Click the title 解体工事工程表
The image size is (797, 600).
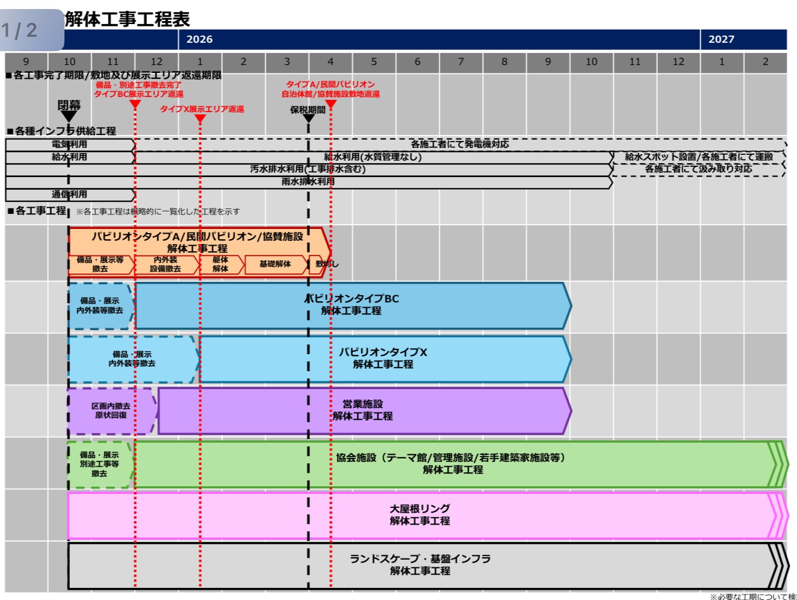point(127,19)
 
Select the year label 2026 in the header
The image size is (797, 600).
point(199,39)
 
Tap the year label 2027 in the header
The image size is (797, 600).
point(721,39)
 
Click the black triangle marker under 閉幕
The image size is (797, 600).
point(69,116)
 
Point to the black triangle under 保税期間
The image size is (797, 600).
point(308,118)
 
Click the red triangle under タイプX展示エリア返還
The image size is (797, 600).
point(200,119)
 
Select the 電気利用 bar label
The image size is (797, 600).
point(69,145)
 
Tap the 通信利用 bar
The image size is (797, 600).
point(69,195)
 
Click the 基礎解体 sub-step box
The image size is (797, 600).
point(275,264)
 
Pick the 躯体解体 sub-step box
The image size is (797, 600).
point(220,264)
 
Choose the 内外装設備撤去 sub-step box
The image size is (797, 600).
point(166,264)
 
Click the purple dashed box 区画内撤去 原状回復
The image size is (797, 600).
point(111,411)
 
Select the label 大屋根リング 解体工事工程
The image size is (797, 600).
point(420,515)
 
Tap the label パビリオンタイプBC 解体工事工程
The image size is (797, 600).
point(352,305)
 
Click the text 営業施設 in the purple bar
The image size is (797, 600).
point(363,404)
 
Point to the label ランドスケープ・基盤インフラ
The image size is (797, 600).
point(420,559)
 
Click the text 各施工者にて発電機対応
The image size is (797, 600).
point(460,145)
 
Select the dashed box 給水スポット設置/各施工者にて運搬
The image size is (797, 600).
point(699,157)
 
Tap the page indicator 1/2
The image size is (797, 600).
point(20,30)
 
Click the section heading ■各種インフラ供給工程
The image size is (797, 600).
point(61,131)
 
